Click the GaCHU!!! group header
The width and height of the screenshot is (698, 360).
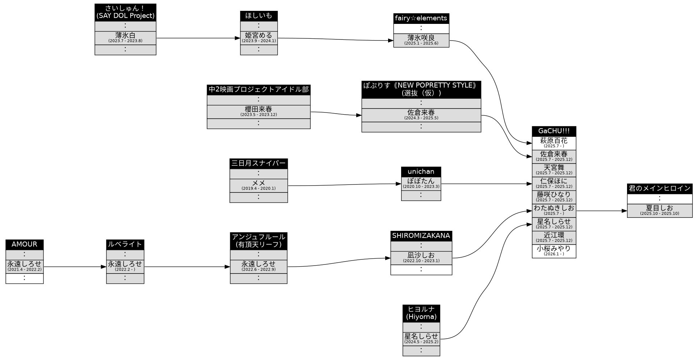554,131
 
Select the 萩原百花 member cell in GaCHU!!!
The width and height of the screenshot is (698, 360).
554,143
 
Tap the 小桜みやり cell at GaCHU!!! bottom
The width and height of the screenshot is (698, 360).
554,251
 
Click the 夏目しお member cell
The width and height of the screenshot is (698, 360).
659,210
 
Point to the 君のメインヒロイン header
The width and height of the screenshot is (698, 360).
659,189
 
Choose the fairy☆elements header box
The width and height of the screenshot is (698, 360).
421,18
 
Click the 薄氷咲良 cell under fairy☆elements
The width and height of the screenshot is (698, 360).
421,40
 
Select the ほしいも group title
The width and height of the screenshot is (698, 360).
258,16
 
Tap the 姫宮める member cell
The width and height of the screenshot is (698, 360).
258,38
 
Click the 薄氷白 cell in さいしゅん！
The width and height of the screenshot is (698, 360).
125,38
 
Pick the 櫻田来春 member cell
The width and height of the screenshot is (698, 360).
258,111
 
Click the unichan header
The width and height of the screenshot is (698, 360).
421,171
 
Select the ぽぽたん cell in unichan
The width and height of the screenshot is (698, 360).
421,183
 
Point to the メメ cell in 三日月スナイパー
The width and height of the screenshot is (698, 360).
258,185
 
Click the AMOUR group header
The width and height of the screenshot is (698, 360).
24,244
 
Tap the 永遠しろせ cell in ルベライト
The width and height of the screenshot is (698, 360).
125,266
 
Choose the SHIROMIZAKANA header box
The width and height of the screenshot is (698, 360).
421,236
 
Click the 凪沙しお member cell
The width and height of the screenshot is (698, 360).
421,258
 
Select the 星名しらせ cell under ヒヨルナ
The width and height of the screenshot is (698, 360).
421,339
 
